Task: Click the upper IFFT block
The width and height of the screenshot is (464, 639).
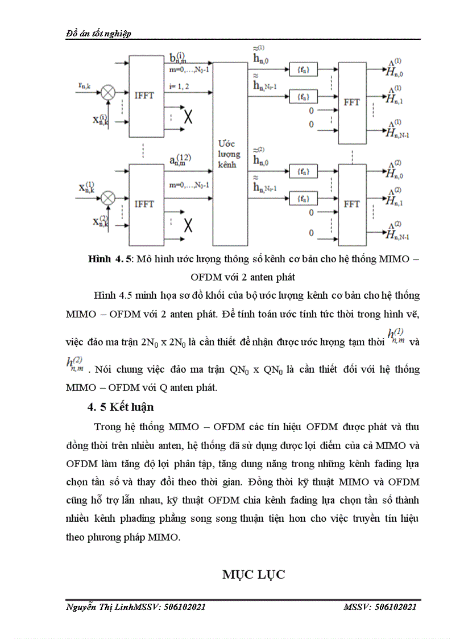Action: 146,96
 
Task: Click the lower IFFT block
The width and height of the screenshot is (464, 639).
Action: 146,204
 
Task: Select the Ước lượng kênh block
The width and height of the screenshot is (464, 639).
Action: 230,154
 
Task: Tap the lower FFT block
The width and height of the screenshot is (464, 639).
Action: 351,204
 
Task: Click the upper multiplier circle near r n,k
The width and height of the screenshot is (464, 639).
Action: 107,90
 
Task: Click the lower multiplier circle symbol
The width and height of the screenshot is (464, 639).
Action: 107,198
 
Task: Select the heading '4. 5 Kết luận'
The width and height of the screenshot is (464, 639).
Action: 120,407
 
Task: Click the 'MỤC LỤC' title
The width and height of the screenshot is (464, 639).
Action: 254,574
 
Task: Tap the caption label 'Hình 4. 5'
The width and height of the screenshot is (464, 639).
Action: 110,259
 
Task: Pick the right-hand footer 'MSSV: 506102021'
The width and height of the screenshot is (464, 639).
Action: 380,607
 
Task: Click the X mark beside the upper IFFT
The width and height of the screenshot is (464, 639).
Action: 187,118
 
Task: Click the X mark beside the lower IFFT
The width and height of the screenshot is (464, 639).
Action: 187,225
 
